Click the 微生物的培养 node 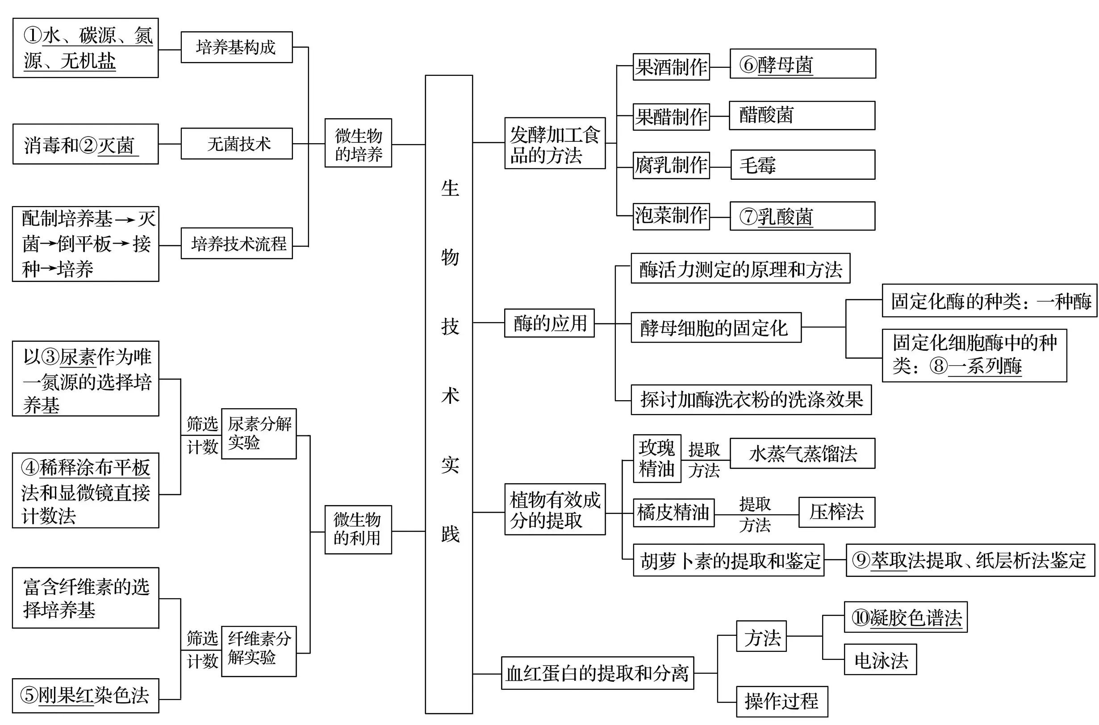[358, 143]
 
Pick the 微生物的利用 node [358, 530]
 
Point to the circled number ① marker [33, 36]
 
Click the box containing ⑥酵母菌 [802, 64]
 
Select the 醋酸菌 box [802, 116]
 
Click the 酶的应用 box [549, 323]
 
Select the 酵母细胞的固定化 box [715, 328]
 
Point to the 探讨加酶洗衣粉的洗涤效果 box [751, 399]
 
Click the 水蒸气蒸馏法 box [802, 454]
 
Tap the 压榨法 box [836, 512]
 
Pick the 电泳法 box [880, 659]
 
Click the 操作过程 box [781, 701]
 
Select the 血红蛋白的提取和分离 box [597, 673]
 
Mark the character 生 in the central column [449, 189]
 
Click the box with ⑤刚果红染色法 [85, 696]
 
